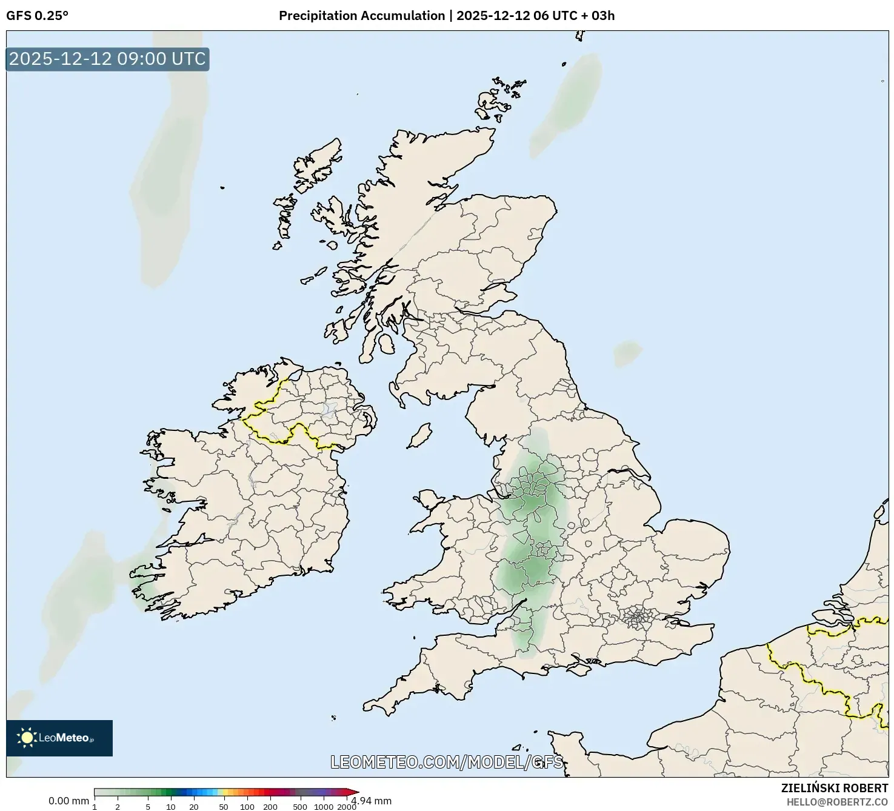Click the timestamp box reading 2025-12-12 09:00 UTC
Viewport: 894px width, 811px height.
coord(107,59)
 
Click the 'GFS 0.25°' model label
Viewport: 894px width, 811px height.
coord(37,16)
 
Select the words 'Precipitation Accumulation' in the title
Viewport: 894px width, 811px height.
coord(362,16)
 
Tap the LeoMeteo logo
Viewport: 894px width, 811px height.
coord(59,738)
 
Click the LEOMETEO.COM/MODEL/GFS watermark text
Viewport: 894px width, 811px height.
coord(447,762)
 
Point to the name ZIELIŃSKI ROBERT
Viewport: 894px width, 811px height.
coord(835,789)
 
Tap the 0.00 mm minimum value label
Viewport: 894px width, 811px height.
coord(68,801)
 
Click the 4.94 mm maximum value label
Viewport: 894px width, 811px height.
coord(372,801)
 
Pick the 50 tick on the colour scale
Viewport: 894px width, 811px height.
coord(224,807)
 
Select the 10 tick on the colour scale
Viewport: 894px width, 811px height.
coord(171,807)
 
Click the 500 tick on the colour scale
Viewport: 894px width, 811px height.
coord(299,807)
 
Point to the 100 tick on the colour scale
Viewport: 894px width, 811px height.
coord(247,807)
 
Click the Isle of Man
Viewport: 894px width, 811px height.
coord(419,436)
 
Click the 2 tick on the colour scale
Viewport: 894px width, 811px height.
coord(118,807)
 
